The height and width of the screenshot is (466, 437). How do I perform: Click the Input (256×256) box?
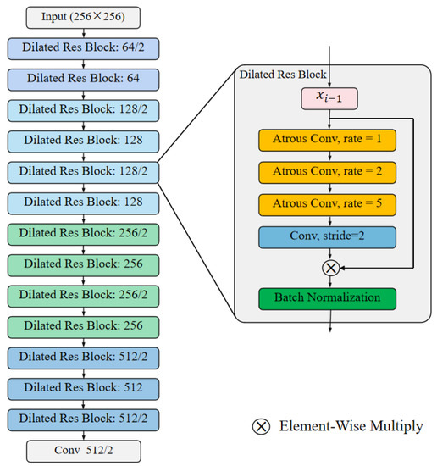[82, 16]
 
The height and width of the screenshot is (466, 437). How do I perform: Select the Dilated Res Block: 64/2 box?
[82, 47]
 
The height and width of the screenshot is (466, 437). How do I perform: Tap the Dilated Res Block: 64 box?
[82, 79]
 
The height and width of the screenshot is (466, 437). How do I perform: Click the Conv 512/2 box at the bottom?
[82, 450]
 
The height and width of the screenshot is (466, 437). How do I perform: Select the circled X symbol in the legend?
[262, 426]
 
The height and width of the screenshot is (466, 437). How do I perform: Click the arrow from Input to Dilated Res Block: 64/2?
[82, 31]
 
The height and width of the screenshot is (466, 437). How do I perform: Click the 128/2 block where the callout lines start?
[82, 172]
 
